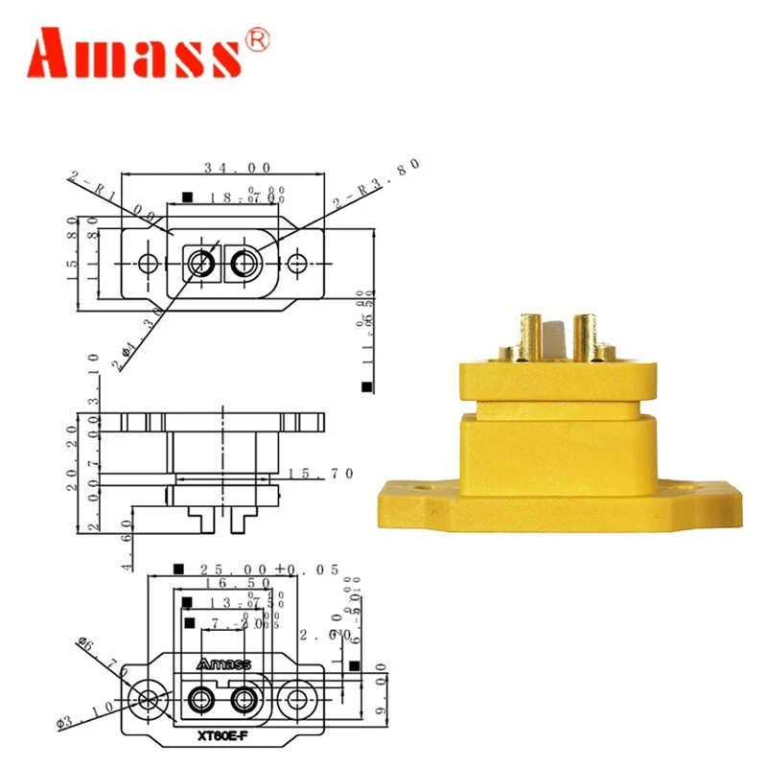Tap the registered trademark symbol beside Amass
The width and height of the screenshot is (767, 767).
click(259, 38)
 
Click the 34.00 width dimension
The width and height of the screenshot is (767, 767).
click(221, 167)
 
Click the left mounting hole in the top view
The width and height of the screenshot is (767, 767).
click(147, 262)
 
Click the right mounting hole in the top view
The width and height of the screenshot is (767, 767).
click(298, 262)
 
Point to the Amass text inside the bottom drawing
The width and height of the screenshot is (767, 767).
click(222, 663)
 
